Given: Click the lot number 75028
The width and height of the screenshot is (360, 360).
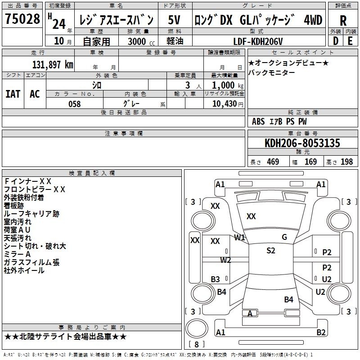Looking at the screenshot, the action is click(22, 18).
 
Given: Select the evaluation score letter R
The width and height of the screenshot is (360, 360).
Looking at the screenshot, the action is click(343, 21).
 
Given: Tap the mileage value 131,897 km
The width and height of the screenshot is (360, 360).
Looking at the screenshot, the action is click(53, 65).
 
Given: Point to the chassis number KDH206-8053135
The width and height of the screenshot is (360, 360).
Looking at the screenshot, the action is click(302, 143).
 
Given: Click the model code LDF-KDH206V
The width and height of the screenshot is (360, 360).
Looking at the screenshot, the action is click(258, 41).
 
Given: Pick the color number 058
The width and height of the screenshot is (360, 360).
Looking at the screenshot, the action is click(75, 104).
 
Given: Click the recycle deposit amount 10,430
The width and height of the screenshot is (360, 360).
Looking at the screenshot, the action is click(225, 104).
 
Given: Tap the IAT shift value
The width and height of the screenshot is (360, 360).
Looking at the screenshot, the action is click(13, 94).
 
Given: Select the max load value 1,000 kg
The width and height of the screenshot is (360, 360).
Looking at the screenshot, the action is click(227, 85).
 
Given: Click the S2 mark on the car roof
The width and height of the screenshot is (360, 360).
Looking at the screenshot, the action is click(271, 251).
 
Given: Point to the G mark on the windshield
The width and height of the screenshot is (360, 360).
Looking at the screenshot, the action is click(284, 237).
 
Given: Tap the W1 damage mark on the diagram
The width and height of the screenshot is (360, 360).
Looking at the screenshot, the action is click(239, 238).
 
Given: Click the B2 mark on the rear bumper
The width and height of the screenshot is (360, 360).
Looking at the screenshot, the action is click(321, 332).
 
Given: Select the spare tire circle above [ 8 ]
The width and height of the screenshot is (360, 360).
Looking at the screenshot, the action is click(197, 328).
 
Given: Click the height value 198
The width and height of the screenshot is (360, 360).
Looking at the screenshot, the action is click(346, 162).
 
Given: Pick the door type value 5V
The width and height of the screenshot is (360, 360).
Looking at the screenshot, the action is click(174, 20).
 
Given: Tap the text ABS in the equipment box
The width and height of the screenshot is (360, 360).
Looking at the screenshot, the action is click(258, 121).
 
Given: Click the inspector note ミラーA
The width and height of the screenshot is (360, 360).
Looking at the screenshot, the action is click(17, 254).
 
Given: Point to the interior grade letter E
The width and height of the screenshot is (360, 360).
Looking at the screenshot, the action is click(350, 41).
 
